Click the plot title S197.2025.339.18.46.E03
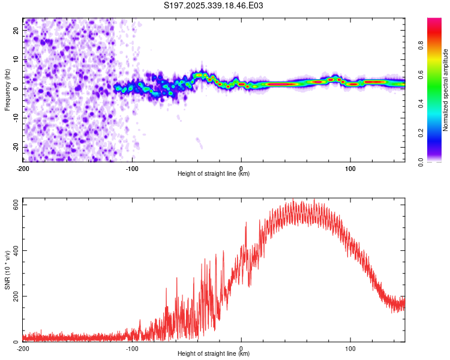pyautogui.click(x=214, y=5)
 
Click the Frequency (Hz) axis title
pyautogui.click(x=7, y=89)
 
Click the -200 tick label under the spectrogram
pyautogui.click(x=23, y=167)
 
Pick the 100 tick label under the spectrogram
pyautogui.click(x=350, y=167)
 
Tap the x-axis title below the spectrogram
pyautogui.click(x=214, y=174)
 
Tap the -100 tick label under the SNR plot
pyautogui.click(x=132, y=347)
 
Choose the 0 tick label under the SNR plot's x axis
pyautogui.click(x=241, y=347)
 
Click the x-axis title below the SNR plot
pyautogui.click(x=214, y=354)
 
